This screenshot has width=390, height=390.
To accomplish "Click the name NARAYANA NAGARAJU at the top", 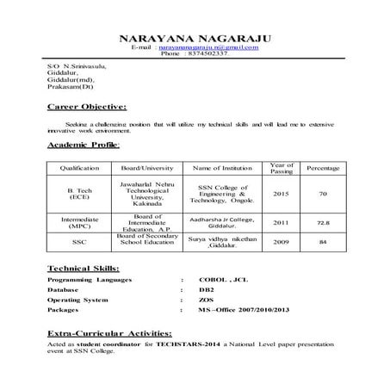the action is (x=195, y=37).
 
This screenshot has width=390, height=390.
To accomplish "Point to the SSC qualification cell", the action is (x=80, y=242).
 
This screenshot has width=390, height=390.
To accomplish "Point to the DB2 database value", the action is (x=206, y=290).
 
